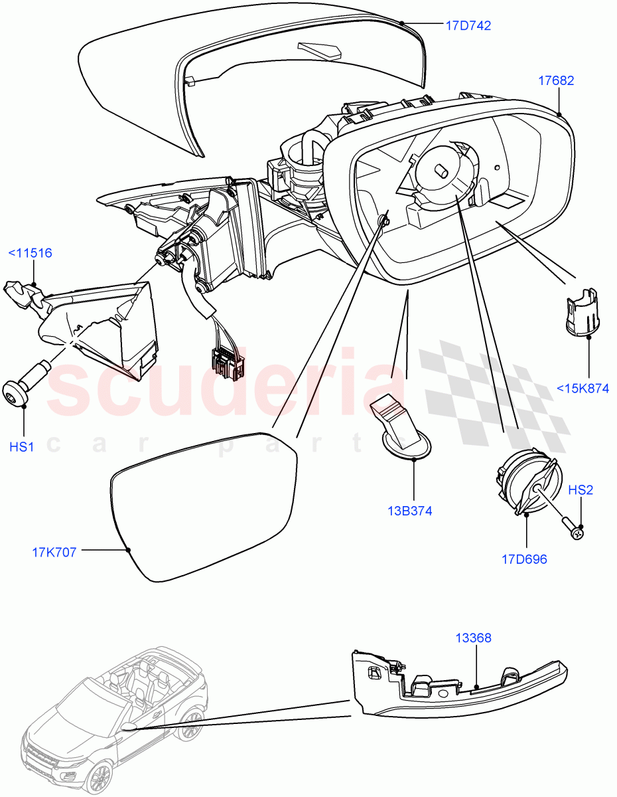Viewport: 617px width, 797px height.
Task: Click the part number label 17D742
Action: click(x=468, y=26)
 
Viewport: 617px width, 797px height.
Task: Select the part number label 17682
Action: click(x=556, y=81)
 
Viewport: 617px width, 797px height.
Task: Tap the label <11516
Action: click(x=30, y=253)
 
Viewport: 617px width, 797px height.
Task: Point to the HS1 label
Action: click(x=22, y=447)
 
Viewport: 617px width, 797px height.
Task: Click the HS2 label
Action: click(x=581, y=490)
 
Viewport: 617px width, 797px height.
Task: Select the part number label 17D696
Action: click(x=524, y=559)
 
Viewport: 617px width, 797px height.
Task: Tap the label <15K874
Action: click(x=583, y=389)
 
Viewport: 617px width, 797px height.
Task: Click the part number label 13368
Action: click(x=473, y=638)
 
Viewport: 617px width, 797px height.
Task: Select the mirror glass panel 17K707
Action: click(x=202, y=505)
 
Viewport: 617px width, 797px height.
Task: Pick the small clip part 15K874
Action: click(x=582, y=311)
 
